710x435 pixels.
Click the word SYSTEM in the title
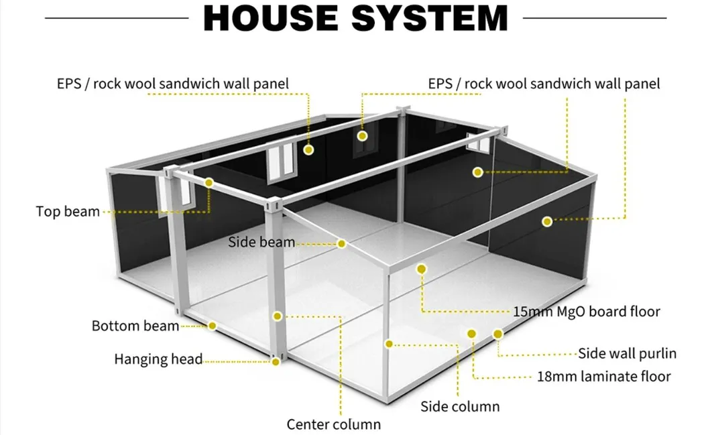pyautogui.click(x=430, y=18)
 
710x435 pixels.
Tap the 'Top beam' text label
pyautogui.click(x=68, y=212)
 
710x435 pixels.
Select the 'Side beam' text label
pyautogui.click(x=261, y=242)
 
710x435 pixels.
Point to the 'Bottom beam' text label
pyautogui.click(x=135, y=326)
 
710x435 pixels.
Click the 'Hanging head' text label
pyautogui.click(x=158, y=359)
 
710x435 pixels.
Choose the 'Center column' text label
pyautogui.click(x=333, y=424)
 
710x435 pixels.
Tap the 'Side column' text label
pyautogui.click(x=460, y=406)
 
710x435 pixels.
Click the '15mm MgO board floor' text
pyautogui.click(x=587, y=312)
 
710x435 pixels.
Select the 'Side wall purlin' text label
pyautogui.click(x=627, y=353)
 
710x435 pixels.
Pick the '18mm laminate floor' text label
pyautogui.click(x=603, y=376)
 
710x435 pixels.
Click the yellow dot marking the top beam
pyautogui.click(x=209, y=182)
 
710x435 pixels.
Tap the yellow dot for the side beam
pyautogui.click(x=341, y=244)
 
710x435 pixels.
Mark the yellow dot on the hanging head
pyautogui.click(x=275, y=362)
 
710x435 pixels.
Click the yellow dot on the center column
pyautogui.click(x=277, y=316)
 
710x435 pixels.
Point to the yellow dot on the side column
pyautogui.click(x=388, y=343)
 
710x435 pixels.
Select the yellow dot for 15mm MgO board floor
pyautogui.click(x=421, y=269)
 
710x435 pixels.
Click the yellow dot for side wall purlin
pyautogui.click(x=497, y=333)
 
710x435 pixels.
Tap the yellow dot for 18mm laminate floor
pyautogui.click(x=471, y=333)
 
